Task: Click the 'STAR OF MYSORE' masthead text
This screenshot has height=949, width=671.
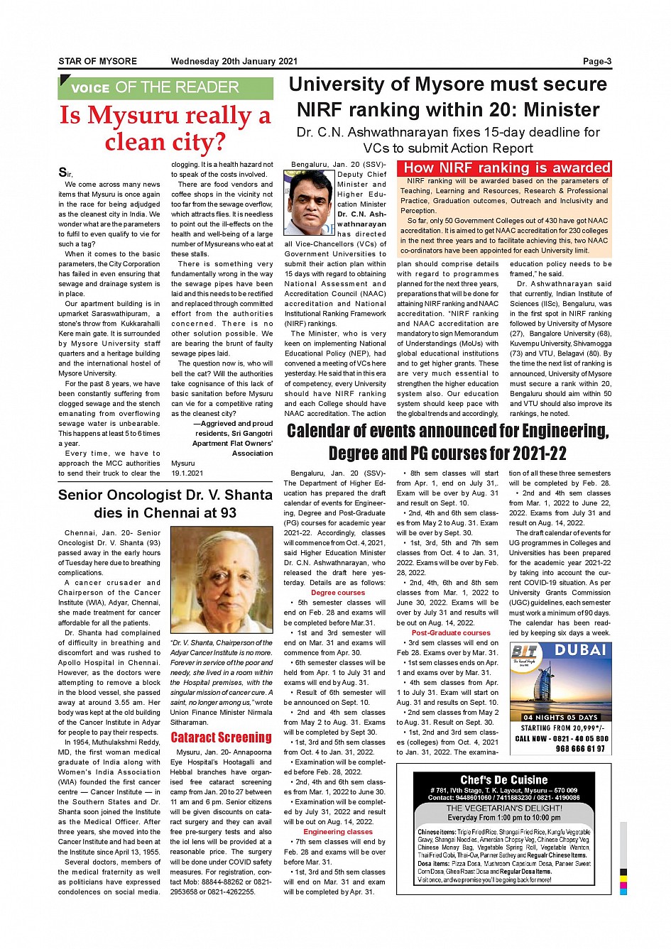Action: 97,62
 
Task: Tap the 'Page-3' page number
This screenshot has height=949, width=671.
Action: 596,62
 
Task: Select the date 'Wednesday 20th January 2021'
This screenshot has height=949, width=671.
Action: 234,62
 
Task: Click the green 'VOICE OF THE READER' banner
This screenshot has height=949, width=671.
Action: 165,88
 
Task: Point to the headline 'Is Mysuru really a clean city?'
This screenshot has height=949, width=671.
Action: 165,128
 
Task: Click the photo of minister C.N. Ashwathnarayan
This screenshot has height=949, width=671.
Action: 309,202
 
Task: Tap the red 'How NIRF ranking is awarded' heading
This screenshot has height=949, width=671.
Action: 506,168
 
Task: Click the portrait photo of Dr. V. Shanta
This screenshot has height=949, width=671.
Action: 222,581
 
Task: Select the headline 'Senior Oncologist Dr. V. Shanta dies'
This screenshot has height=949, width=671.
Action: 165,503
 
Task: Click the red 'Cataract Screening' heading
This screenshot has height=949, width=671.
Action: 221,737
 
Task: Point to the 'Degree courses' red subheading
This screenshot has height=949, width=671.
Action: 338,593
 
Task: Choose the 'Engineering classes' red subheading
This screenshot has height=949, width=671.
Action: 338,832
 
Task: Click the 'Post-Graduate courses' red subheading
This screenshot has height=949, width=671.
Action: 451,632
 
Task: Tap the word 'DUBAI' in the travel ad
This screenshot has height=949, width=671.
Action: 580,650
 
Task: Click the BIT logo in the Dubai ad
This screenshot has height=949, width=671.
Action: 525,654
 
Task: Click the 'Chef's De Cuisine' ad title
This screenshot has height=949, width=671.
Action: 504,780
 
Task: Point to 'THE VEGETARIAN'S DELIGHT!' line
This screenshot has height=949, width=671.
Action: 504,808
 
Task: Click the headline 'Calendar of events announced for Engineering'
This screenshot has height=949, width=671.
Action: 447,431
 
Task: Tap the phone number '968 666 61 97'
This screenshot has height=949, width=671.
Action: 580,749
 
